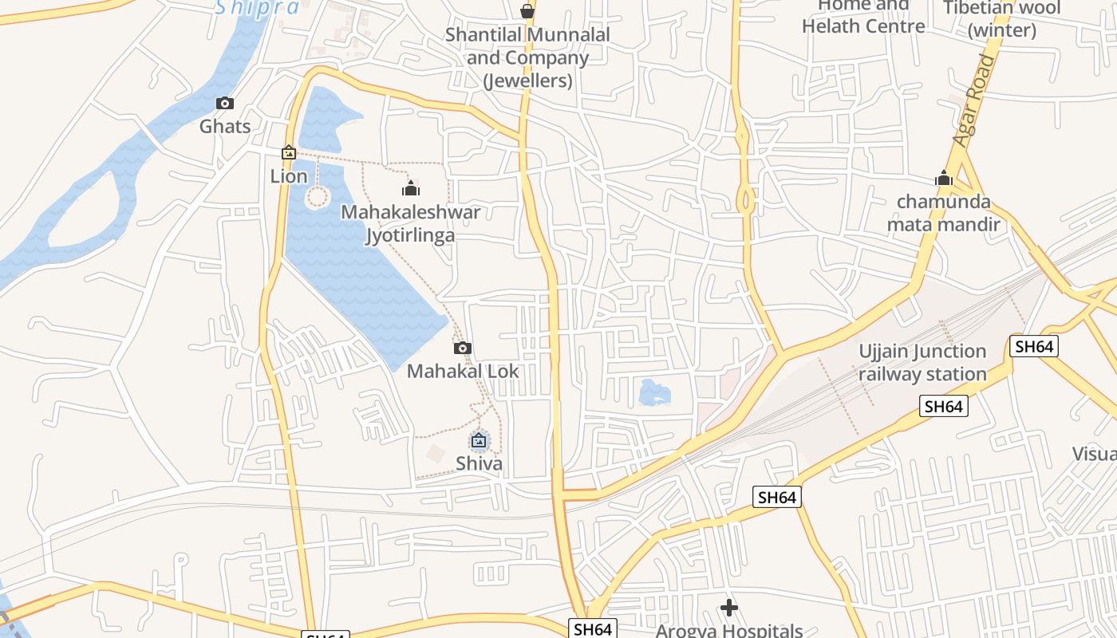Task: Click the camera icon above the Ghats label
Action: tap(225, 103)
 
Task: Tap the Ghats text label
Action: tap(225, 126)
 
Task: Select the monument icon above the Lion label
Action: tap(289, 152)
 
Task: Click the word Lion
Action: tap(289, 176)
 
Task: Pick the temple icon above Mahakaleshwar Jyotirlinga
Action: tap(411, 188)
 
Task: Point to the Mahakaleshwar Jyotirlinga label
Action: tap(411, 223)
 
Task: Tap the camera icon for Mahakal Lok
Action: tap(463, 348)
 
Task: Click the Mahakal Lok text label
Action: tap(463, 371)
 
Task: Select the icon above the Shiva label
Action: tap(479, 440)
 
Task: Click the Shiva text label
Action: tap(479, 463)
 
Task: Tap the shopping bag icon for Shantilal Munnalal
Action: tap(527, 11)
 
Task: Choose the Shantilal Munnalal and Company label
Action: tap(527, 57)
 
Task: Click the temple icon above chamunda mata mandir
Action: tap(944, 178)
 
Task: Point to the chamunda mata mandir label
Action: tap(944, 213)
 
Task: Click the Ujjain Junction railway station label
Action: tap(922, 363)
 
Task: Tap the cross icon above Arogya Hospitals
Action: tap(728, 608)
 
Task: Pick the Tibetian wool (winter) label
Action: tap(1001, 19)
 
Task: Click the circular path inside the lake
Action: tap(318, 196)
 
